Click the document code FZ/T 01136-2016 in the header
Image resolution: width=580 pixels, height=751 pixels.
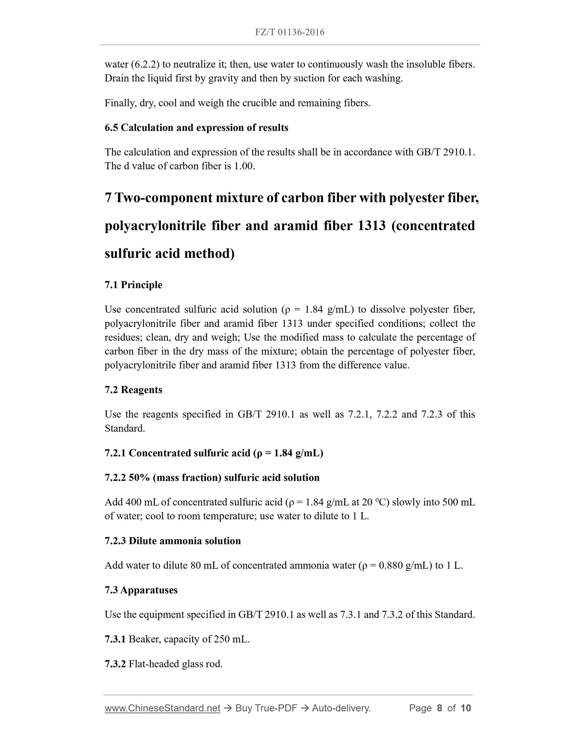290,32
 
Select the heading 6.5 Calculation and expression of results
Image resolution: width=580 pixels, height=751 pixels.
196,128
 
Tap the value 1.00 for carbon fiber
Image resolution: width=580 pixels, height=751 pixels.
244,166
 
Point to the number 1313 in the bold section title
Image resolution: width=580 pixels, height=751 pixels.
371,225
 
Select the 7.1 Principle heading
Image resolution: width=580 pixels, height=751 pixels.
133,285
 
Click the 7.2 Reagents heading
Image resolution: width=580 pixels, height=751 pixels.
133,390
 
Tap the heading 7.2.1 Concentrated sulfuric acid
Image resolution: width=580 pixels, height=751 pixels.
214,453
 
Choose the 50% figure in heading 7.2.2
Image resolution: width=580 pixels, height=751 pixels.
139,477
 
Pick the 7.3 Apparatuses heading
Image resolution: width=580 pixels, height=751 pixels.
141,590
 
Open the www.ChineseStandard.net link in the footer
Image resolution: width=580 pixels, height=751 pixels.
162,708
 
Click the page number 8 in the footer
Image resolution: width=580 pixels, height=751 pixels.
439,708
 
